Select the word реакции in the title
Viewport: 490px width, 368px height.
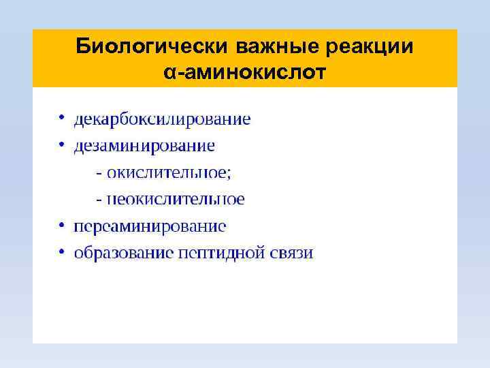point(372,47)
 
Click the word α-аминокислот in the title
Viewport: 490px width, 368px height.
point(244,72)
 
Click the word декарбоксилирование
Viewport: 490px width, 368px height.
point(162,120)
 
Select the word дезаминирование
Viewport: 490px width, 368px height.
point(144,147)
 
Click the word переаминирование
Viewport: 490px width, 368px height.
point(150,226)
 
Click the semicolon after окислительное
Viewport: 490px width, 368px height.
point(229,174)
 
